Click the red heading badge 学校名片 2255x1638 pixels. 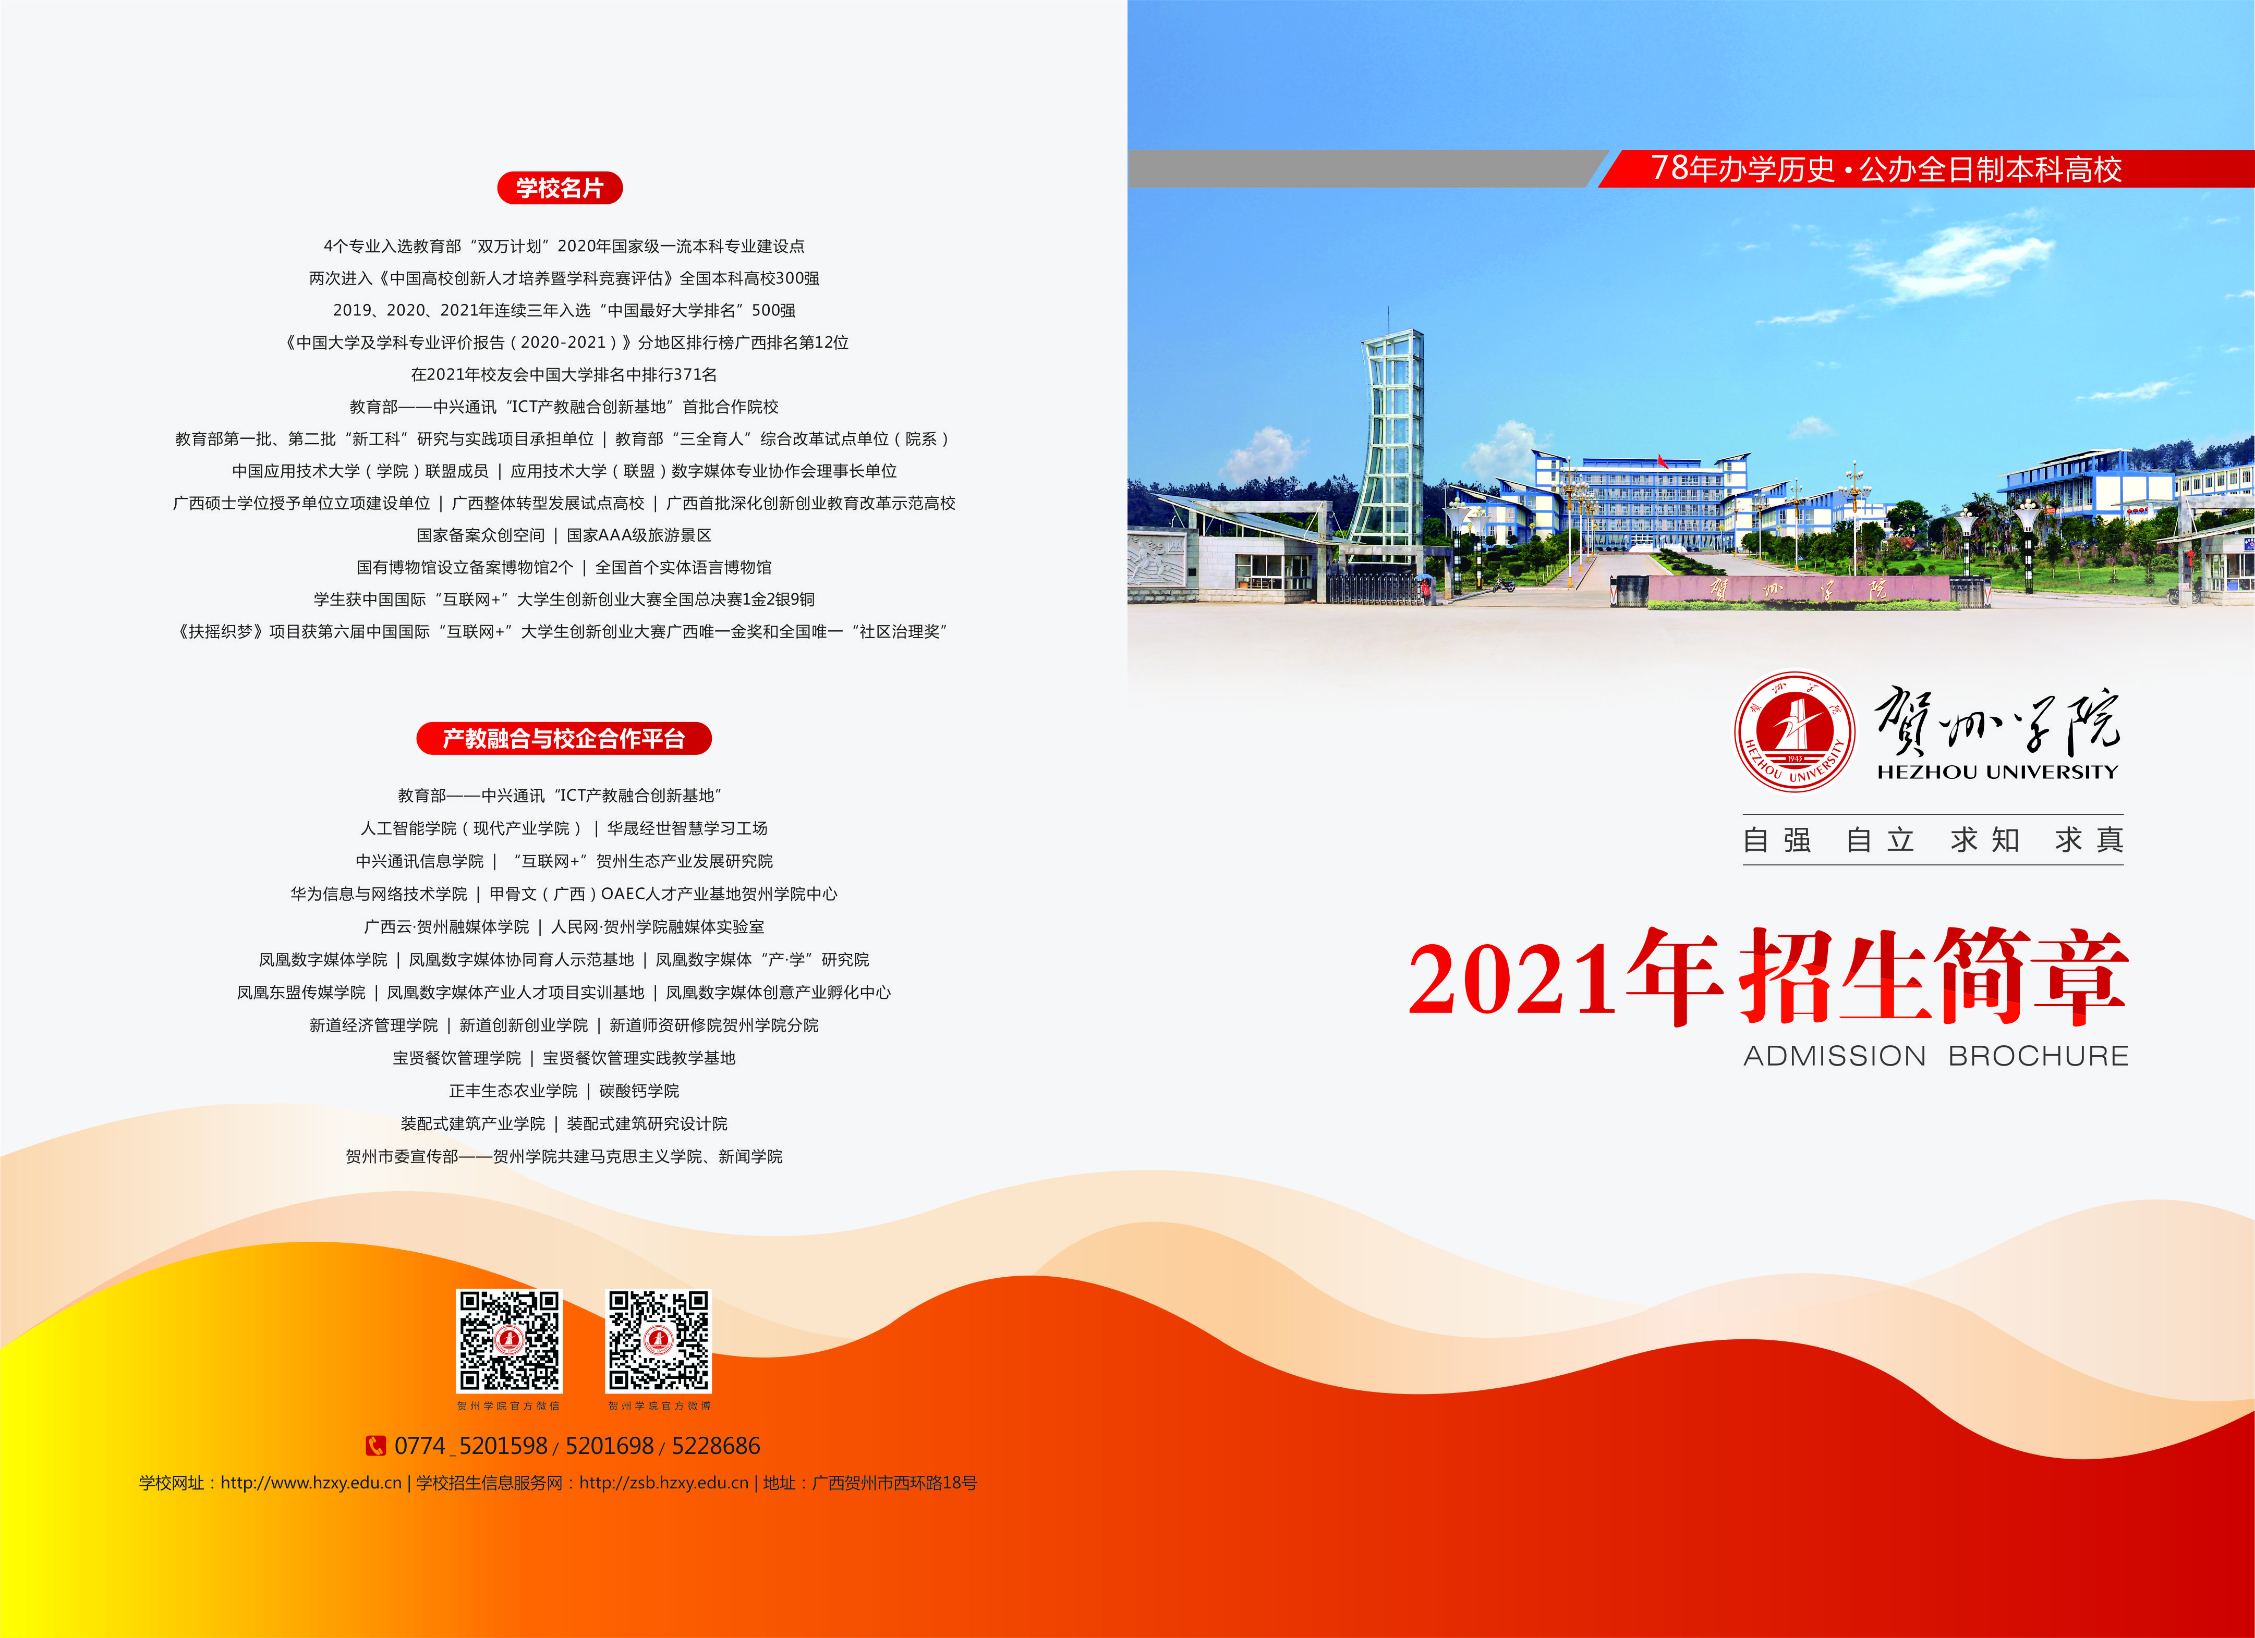coord(560,188)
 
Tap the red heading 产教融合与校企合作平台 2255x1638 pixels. coord(564,739)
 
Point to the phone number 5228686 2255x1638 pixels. coord(716,1446)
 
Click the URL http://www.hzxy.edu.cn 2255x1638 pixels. coord(311,1483)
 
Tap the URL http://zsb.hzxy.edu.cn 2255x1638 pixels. coord(664,1483)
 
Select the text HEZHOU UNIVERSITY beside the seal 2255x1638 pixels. coord(1997,772)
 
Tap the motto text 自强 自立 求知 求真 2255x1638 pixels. coord(1933,840)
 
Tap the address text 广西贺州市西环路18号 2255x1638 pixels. coord(895,1483)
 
